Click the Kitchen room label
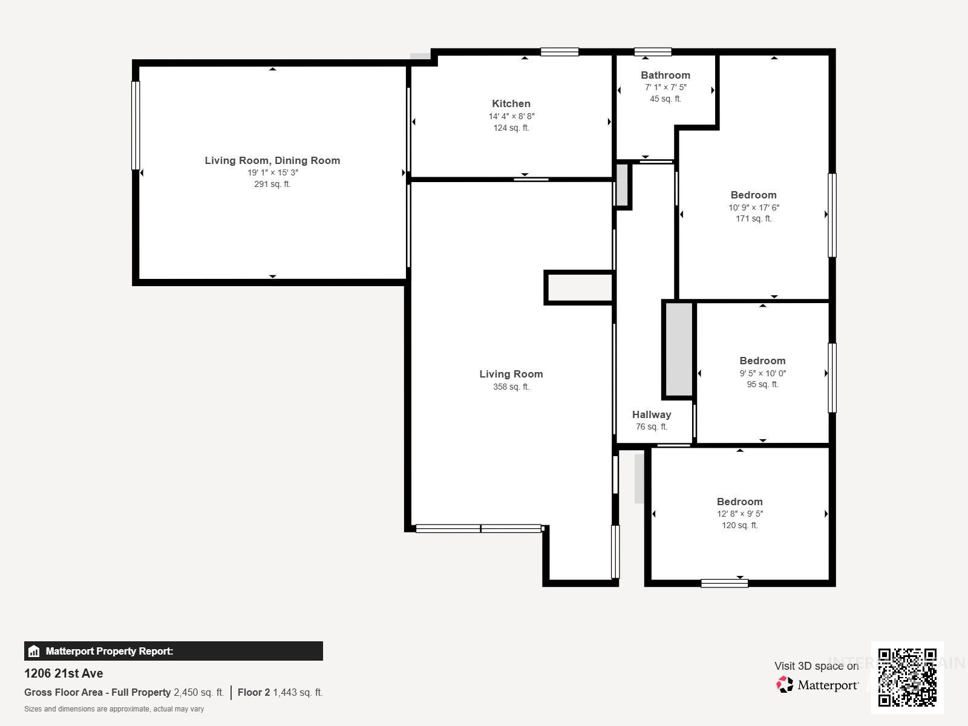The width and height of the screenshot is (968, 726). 511,103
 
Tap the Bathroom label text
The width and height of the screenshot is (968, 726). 665,75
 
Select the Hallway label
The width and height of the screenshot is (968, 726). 651,414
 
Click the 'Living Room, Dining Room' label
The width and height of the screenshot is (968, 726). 272,160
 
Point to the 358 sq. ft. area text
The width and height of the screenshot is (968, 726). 511,387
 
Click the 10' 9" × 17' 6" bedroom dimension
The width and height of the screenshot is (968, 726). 753,207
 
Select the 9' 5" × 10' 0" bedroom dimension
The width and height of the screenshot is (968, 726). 762,373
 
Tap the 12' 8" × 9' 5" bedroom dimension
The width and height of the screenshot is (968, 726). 739,514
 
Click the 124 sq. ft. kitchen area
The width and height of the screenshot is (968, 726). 511,128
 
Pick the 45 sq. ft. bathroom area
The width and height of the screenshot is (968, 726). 665,99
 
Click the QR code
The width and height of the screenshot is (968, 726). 907,677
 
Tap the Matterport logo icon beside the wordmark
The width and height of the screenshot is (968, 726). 785,685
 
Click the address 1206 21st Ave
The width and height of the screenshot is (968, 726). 64,673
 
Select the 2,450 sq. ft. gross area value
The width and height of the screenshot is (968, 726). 198,692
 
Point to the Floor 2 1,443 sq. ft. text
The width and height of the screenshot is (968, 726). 280,692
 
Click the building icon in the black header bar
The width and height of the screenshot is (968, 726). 34,652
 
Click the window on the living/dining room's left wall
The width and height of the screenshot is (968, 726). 136,125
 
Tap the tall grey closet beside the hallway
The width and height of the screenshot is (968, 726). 679,349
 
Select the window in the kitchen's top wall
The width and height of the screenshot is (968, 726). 559,52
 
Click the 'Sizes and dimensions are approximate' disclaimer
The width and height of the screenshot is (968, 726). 114,709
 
